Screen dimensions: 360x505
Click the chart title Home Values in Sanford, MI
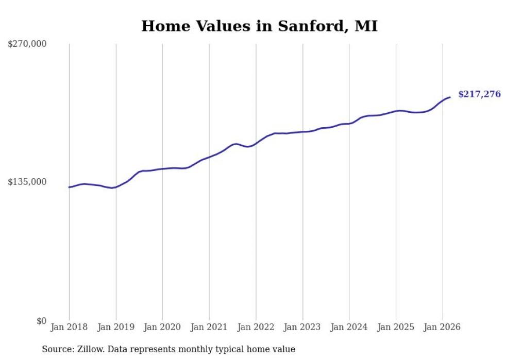(x=259, y=26)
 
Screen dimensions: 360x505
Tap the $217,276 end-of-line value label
(x=479, y=94)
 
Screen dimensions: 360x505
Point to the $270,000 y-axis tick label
(x=27, y=44)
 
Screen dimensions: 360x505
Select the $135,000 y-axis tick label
(x=27, y=182)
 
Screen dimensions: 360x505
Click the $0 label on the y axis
(x=41, y=321)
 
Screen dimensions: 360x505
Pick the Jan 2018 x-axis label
(x=69, y=327)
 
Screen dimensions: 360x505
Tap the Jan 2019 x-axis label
(x=116, y=327)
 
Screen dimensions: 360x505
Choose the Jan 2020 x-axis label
(x=162, y=327)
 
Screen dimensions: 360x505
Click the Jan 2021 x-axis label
(x=209, y=327)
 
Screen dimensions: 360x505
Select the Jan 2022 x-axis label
(x=256, y=327)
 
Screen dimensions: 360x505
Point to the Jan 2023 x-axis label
(x=302, y=327)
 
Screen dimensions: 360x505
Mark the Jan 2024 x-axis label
(x=349, y=327)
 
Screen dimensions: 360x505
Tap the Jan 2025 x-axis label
(x=396, y=327)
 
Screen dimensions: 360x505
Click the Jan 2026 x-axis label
(x=442, y=327)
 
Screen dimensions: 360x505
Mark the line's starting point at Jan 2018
(x=69, y=187)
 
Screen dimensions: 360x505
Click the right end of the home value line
(x=450, y=97)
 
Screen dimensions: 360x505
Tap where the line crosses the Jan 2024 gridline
(x=349, y=124)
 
